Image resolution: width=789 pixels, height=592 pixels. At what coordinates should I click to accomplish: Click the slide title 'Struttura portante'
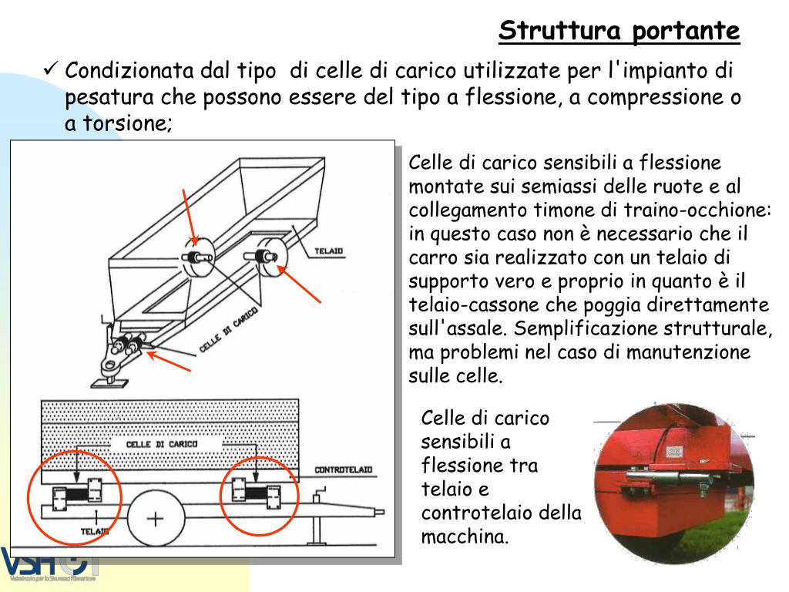619,32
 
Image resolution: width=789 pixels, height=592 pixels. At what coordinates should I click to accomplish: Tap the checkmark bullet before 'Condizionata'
51,71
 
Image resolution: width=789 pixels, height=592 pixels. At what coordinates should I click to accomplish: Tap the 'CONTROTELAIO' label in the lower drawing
343,469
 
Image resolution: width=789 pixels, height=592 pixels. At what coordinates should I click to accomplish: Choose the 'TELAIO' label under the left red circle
94,531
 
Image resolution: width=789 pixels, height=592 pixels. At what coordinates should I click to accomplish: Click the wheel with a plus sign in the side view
156,518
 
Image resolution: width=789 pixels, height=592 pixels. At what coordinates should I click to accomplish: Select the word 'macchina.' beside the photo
465,536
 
